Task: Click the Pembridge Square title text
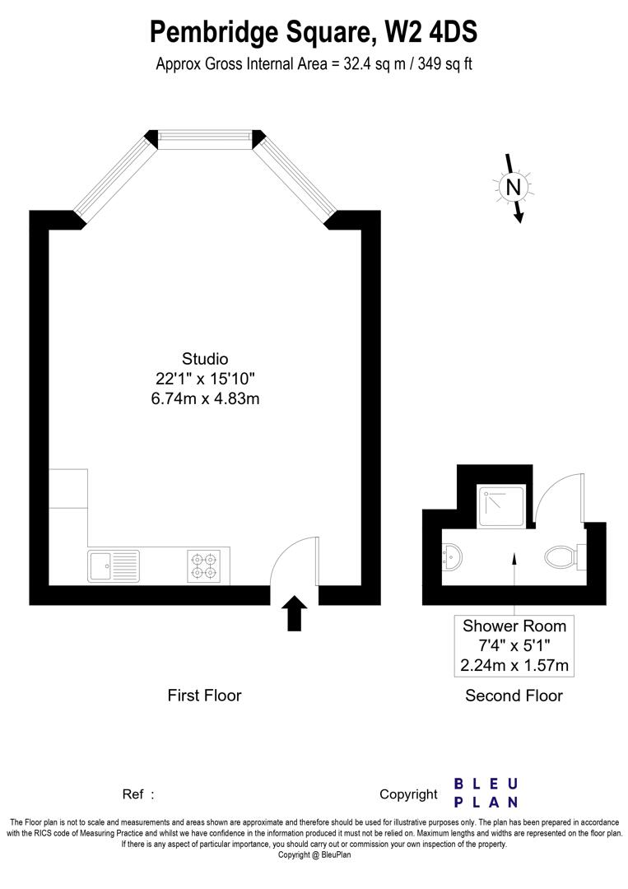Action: click(314, 32)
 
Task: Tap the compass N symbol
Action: click(514, 187)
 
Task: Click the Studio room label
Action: click(205, 358)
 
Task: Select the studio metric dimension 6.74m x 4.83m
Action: click(205, 398)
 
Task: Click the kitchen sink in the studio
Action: click(114, 566)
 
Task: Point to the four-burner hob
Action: click(204, 566)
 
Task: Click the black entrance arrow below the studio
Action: click(295, 613)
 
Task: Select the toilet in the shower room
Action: click(562, 556)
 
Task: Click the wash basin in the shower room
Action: click(452, 558)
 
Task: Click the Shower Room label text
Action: click(514, 626)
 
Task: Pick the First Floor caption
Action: click(204, 696)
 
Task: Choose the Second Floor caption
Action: click(514, 696)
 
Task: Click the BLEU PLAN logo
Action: click(486, 793)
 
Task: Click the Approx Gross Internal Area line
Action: click(314, 64)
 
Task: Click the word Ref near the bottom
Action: click(133, 794)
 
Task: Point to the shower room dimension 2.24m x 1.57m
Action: click(514, 665)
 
